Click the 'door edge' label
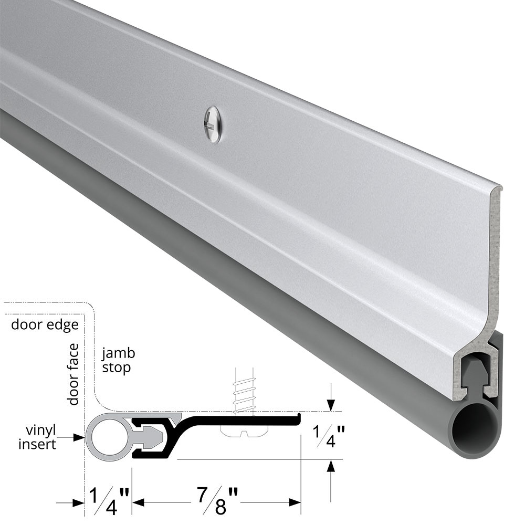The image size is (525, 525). pos(45,324)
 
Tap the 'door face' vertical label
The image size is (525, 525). pos(73,374)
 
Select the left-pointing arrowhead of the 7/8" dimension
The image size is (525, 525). pos(138,502)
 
